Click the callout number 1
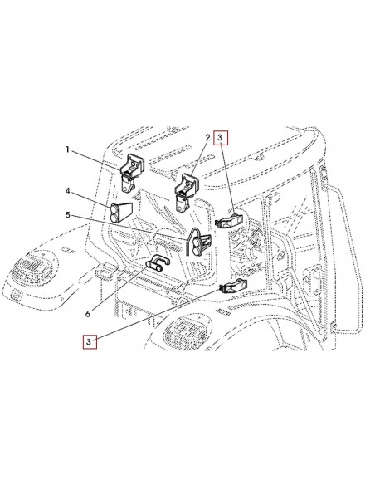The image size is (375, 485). [x=68, y=150]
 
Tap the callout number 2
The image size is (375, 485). [x=208, y=137]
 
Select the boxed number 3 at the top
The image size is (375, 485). [x=220, y=138]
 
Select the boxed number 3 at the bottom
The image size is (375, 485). [x=90, y=342]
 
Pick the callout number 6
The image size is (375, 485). [x=88, y=314]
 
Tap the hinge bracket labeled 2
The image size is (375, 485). [x=187, y=192]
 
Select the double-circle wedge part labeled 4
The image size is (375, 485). [x=121, y=212]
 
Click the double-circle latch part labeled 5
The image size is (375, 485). [x=198, y=242]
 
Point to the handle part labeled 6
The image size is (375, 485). [x=158, y=263]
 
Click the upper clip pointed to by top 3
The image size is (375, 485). [x=229, y=219]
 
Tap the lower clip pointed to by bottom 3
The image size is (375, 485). [x=233, y=286]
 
